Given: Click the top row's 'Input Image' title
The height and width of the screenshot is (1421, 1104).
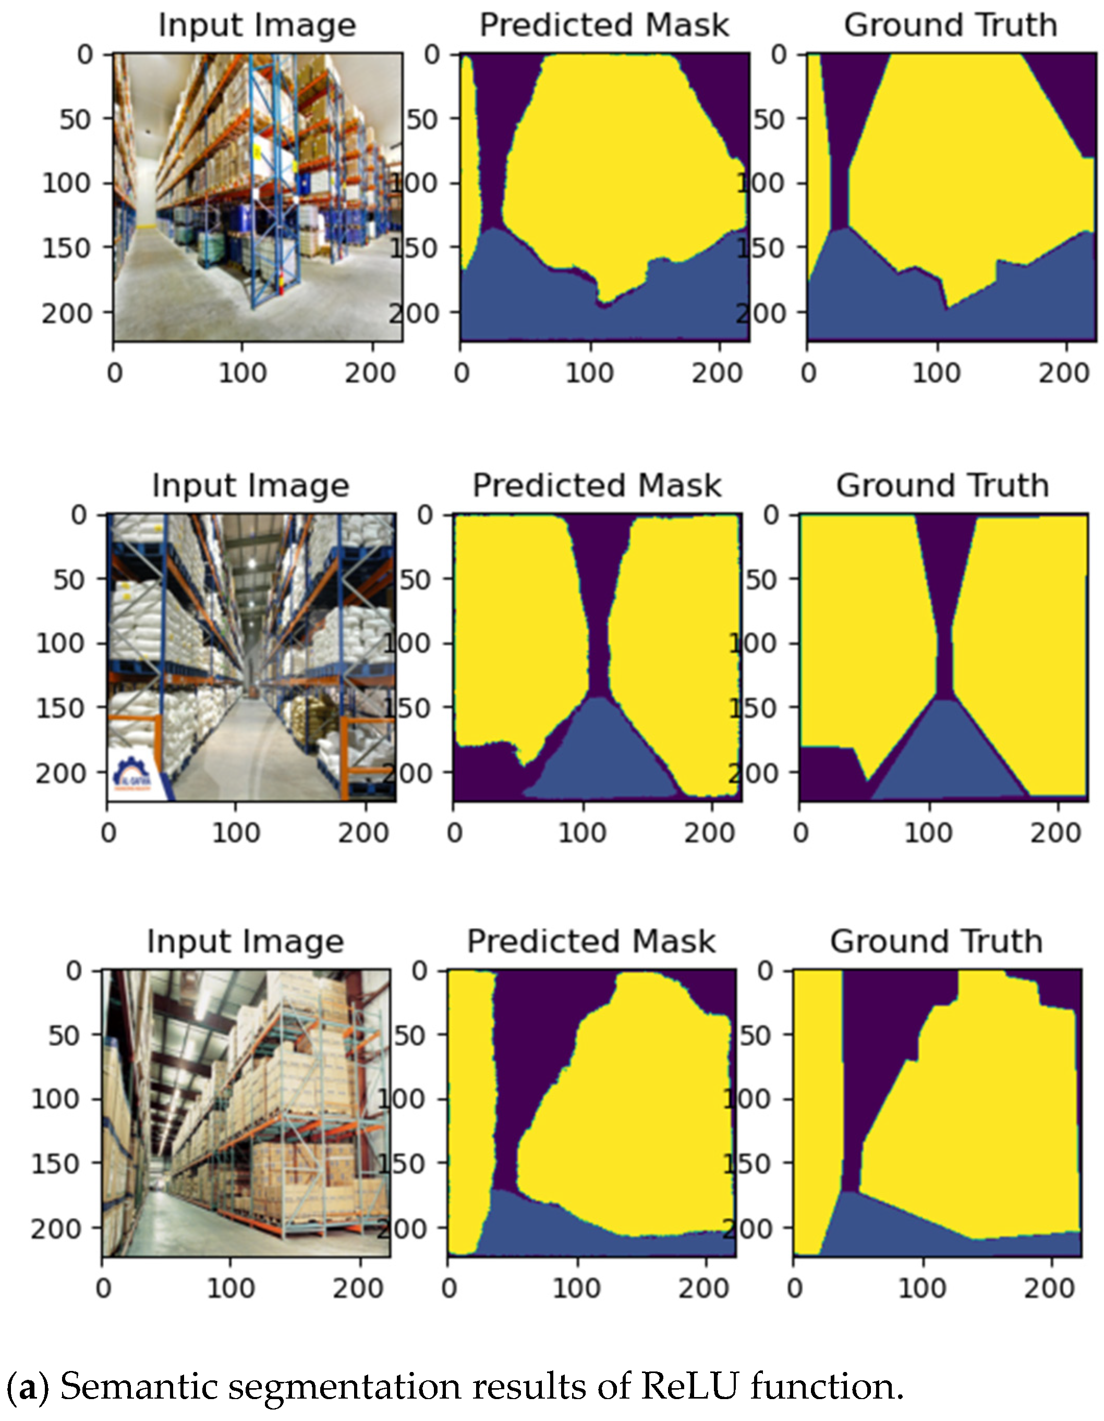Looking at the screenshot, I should pyautogui.click(x=257, y=26).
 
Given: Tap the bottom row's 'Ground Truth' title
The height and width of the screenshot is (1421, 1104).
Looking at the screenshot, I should pyautogui.click(x=936, y=942).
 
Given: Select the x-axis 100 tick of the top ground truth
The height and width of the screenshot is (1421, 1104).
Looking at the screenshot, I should pyautogui.click(x=936, y=373).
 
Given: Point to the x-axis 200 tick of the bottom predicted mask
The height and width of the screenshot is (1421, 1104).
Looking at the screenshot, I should pyautogui.click(x=703, y=1288).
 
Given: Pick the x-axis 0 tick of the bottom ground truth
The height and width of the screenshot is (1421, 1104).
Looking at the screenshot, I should pyautogui.click(x=795, y=1288).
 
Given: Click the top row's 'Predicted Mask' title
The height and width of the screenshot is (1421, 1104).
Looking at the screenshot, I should pyautogui.click(x=604, y=26).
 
